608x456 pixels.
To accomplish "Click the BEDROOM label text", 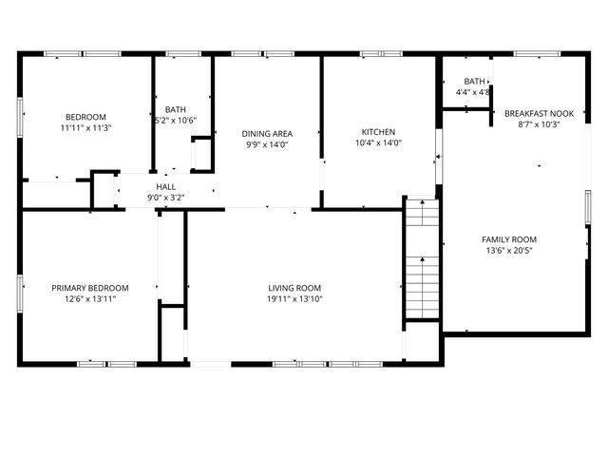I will coord(86,117).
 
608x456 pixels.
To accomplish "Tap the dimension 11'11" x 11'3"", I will coord(86,128).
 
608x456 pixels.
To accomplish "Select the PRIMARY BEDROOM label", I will coord(90,288).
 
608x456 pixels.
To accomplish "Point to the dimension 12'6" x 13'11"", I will coord(90,299).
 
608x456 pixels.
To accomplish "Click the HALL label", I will coord(165,187).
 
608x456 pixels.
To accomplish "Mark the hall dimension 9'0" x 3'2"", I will coord(165,198).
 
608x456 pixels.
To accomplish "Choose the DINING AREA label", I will coord(267,134).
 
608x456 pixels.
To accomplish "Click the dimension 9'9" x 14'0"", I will coord(267,144).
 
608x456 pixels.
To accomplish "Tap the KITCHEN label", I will coord(378,132).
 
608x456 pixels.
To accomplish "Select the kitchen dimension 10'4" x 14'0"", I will coord(378,143).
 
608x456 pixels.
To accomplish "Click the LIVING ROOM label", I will coord(294,288).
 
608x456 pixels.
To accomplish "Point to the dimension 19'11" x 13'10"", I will coord(294,299).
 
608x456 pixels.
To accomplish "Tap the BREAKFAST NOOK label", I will coord(539,112).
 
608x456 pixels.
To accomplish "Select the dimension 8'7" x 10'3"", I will coord(539,123).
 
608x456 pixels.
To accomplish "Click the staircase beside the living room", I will coord(422,261).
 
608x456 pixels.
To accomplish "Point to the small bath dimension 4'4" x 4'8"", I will coord(473,92).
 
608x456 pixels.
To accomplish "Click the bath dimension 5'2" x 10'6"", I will coord(176,121).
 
